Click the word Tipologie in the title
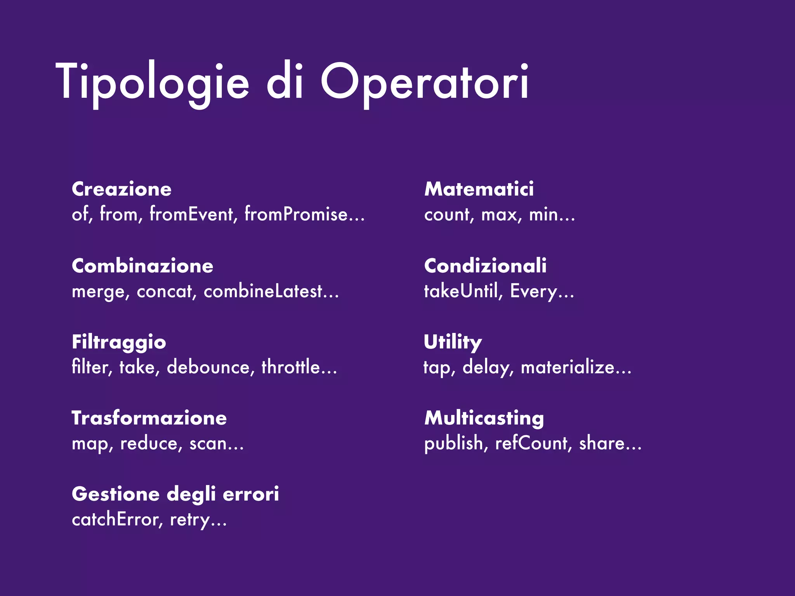[x=152, y=82]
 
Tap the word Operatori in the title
[x=424, y=82]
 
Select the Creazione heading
[x=122, y=189]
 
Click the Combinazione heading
[x=142, y=266]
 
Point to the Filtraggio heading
[x=119, y=343]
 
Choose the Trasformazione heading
[x=149, y=418]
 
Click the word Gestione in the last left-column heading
[x=116, y=495]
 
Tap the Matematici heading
[x=479, y=189]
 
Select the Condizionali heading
[x=485, y=266]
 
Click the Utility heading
[x=453, y=343]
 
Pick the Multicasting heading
[x=484, y=418]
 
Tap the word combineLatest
[x=263, y=291]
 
